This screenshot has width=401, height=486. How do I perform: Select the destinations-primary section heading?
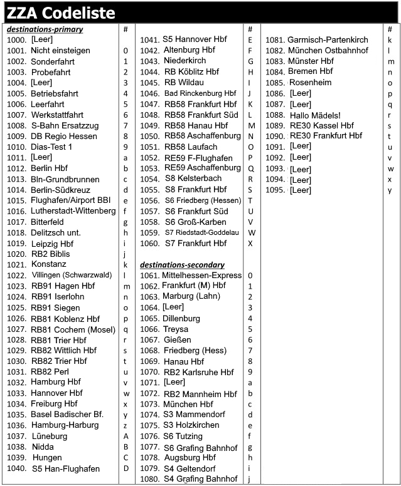pos(45,29)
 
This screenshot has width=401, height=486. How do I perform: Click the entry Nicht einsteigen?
pos(60,51)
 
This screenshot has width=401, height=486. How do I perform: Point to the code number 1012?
pos(16,168)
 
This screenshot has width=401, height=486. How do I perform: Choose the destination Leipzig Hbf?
pos(52,244)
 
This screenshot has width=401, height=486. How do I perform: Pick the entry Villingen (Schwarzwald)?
pos(72,275)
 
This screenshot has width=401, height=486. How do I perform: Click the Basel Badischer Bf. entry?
pos(67,415)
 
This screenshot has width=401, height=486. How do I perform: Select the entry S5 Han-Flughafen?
pos(66,468)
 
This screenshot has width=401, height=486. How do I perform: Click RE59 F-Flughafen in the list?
pos(198,158)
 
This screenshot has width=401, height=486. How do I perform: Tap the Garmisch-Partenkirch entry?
pos(328,39)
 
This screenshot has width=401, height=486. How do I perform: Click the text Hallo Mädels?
pos(315,115)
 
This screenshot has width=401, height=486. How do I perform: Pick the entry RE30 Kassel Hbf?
pos(322,126)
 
